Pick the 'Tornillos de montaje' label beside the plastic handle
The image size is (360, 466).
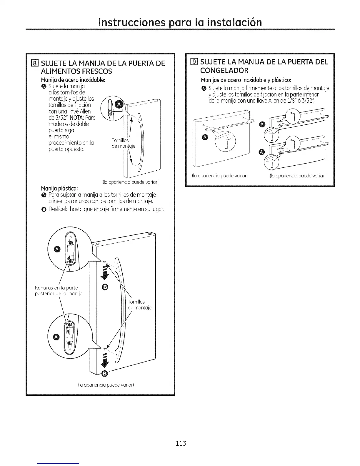tap(139, 305)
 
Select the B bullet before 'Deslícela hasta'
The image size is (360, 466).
tap(44, 209)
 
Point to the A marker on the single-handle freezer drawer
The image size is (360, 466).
tap(205, 137)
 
